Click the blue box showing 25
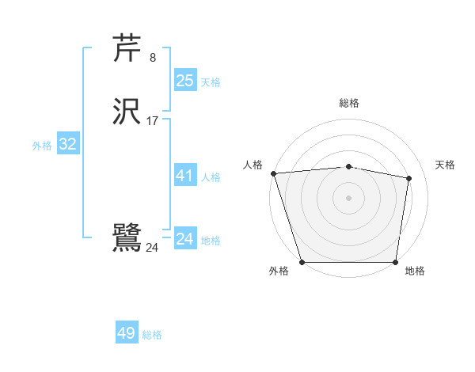point(184,81)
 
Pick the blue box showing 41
point(184,177)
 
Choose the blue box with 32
point(67,144)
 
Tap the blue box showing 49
point(127,333)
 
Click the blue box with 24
point(184,239)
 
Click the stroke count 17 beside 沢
point(152,121)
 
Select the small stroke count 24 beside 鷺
point(152,248)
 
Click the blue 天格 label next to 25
point(211,82)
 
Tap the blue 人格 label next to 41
point(211,177)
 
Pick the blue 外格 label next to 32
point(42,146)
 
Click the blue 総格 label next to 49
point(152,335)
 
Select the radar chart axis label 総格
point(349,103)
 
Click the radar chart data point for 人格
point(273,173)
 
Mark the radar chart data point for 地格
point(395,262)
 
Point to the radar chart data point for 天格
point(409,178)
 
